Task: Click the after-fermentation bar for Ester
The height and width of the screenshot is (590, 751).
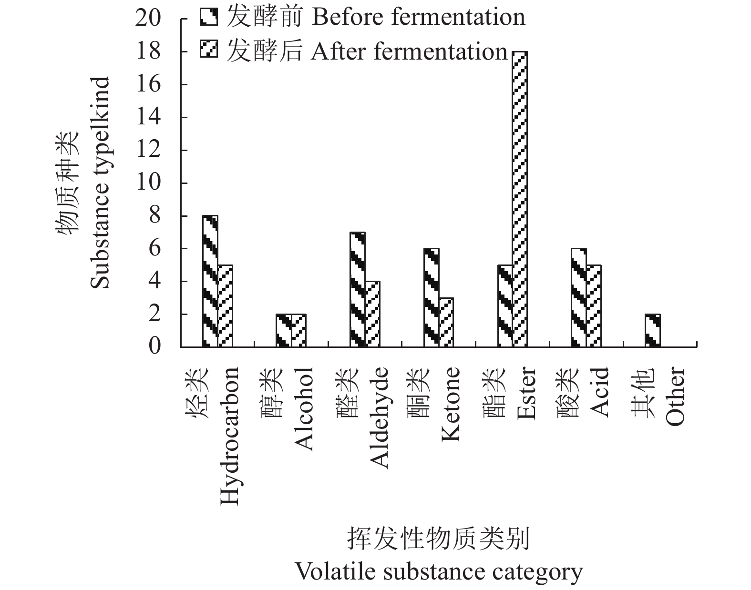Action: click(x=520, y=199)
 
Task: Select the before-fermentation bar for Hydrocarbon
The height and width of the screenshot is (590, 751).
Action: click(x=210, y=281)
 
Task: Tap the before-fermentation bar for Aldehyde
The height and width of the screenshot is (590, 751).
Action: click(x=358, y=289)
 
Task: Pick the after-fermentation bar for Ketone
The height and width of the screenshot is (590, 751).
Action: click(x=446, y=322)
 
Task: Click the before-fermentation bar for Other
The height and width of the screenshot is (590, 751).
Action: click(x=653, y=330)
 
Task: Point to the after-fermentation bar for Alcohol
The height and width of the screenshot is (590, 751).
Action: click(x=298, y=330)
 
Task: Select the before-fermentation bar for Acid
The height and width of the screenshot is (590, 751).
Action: click(x=579, y=297)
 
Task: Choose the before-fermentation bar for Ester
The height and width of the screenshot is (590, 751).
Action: click(x=505, y=305)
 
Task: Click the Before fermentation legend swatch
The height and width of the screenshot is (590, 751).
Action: click(x=208, y=18)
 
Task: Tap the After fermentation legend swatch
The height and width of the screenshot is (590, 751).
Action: click(x=208, y=49)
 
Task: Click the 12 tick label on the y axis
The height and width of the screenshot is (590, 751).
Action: click(x=148, y=150)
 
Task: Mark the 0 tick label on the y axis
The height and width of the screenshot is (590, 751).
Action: click(x=154, y=346)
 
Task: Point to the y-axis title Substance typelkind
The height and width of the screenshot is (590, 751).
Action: click(x=100, y=183)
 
